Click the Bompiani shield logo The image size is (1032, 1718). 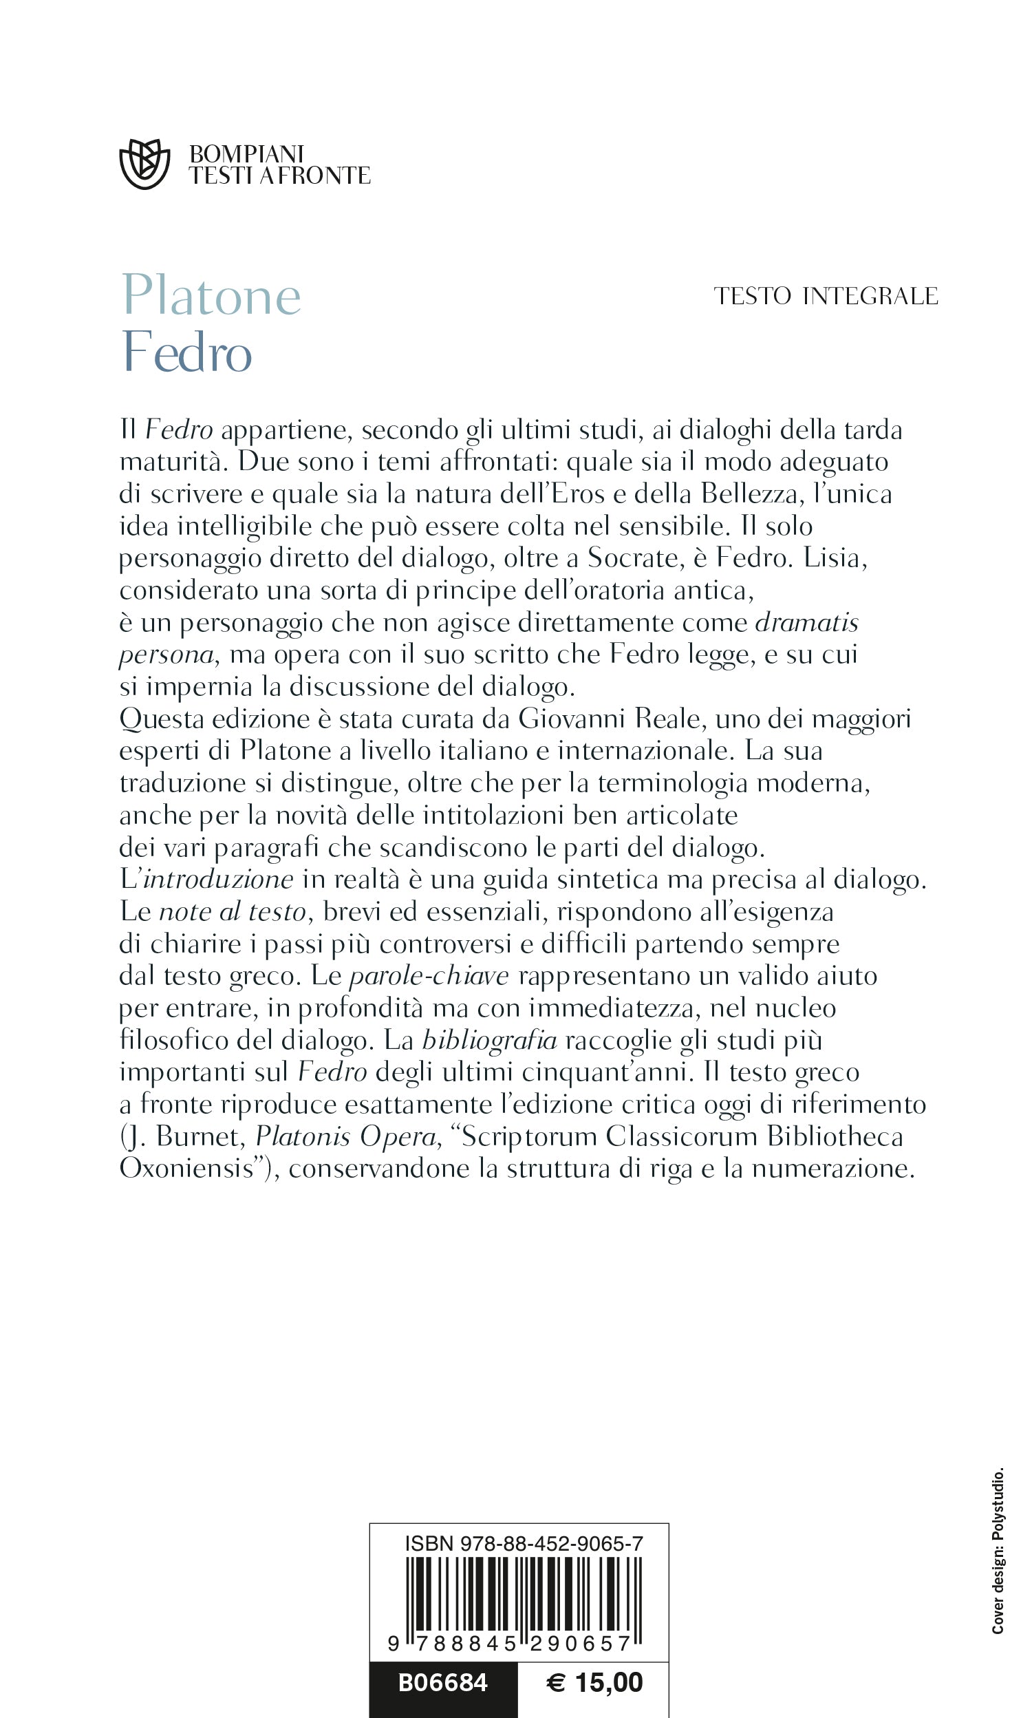click(x=144, y=164)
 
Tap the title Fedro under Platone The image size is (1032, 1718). click(x=186, y=352)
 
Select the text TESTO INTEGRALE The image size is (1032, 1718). click(x=826, y=296)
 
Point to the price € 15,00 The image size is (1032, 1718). click(x=594, y=1682)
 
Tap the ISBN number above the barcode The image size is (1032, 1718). click(x=524, y=1543)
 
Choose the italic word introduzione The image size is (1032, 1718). click(x=218, y=879)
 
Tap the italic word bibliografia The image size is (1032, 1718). click(x=490, y=1040)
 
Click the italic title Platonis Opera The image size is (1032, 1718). click(x=345, y=1136)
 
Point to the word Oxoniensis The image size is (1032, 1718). click(x=186, y=1168)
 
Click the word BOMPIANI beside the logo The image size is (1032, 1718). click(x=247, y=153)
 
